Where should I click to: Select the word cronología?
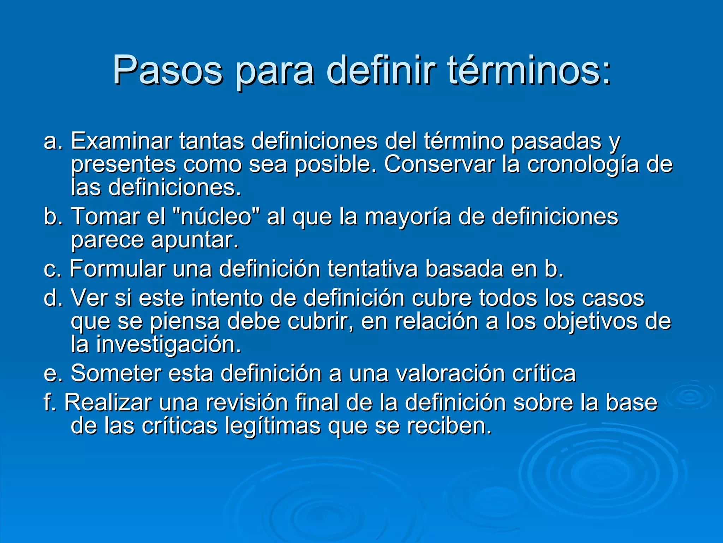[583, 165]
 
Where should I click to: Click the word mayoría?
[408, 216]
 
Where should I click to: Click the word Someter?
[116, 373]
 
